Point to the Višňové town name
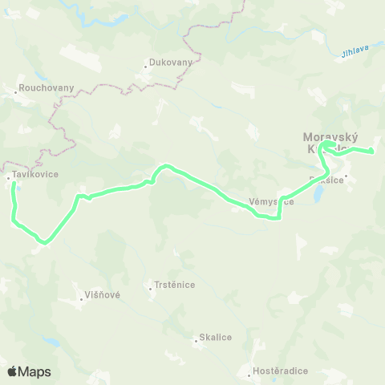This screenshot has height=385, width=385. point(103,295)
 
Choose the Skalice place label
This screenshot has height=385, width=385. point(216,338)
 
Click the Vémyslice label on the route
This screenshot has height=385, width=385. point(271,201)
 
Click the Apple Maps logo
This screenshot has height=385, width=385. point(29,371)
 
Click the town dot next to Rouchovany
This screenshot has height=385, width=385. point(15,92)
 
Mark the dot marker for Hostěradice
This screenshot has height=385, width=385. point(249,374)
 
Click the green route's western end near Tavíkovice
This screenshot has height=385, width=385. point(14,185)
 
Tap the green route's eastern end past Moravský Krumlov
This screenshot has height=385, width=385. point(373,151)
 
